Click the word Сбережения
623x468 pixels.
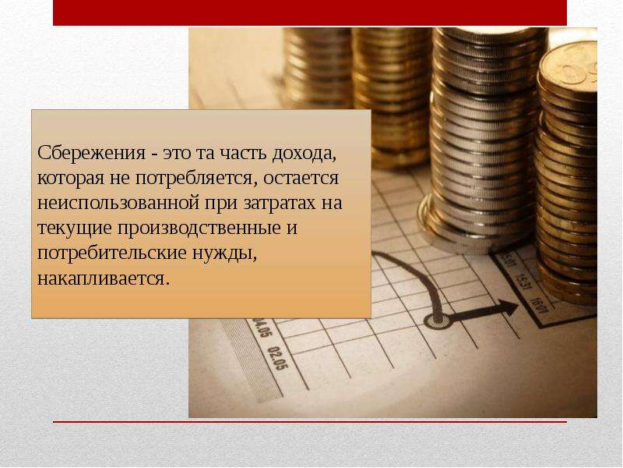tap(91, 153)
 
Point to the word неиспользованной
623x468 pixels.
tap(118, 204)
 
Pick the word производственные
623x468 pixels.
tap(199, 229)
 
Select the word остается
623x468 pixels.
tap(301, 179)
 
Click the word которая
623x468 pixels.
tap(69, 179)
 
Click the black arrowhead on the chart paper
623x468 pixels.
tap(509, 308)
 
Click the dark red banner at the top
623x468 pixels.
tap(310, 12)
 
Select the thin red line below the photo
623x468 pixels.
tap(310, 421)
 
